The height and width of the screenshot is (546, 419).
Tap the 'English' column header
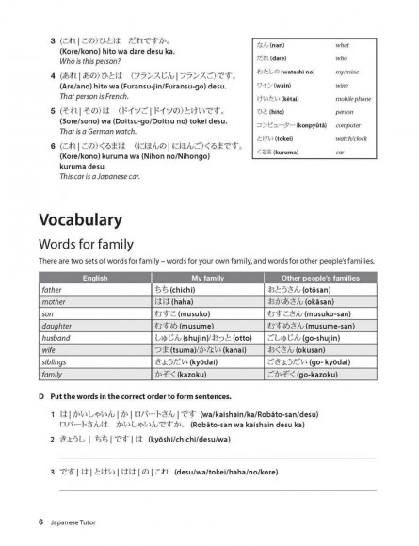94,279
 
